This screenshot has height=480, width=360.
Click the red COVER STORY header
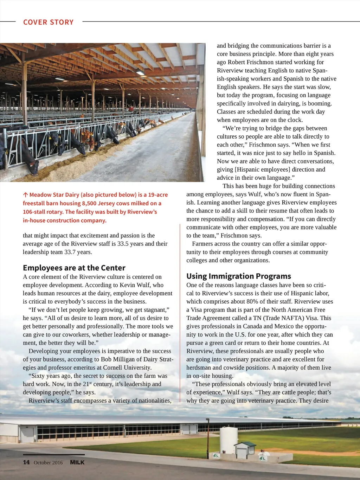(x=48, y=22)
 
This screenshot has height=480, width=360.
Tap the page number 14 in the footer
(x=26, y=462)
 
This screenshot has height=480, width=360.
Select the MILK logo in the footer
(x=77, y=462)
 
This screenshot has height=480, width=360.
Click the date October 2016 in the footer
(x=48, y=462)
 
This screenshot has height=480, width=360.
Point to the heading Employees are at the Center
(x=74, y=268)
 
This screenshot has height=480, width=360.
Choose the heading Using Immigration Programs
(x=239, y=276)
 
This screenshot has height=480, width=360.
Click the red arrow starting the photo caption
(x=25, y=195)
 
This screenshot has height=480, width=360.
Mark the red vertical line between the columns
(x=180, y=313)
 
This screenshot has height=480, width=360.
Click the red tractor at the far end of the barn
(x=131, y=109)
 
